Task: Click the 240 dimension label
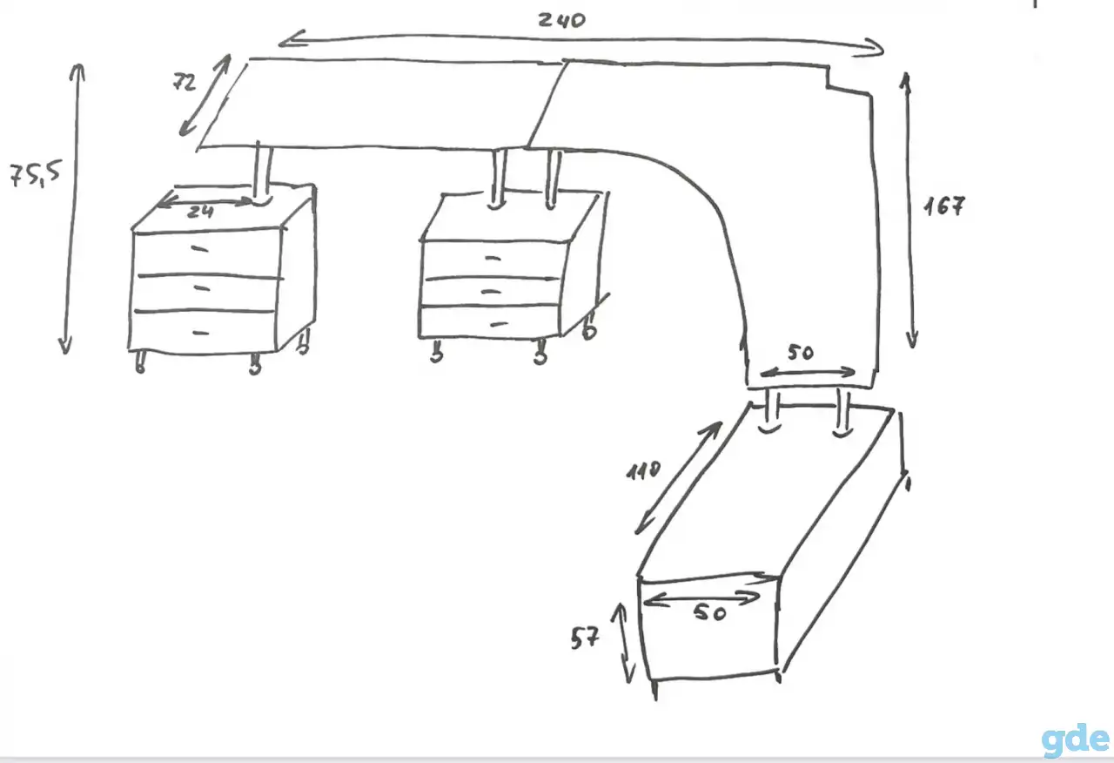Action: pos(562,20)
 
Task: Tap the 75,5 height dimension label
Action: pos(35,174)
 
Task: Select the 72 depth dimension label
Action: pos(185,82)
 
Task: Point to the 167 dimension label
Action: pos(944,206)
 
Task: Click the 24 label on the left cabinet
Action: pos(200,212)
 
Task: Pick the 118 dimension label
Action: pos(643,470)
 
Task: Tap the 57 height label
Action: pos(585,638)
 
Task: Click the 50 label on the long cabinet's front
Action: pos(710,612)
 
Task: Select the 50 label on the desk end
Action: pos(801,353)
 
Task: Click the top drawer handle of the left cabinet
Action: pos(199,248)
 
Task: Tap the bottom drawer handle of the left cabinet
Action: pos(201,333)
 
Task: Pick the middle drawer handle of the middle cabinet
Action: pos(492,292)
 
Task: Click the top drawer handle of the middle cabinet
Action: pos(493,258)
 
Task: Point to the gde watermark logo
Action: pos(1075,740)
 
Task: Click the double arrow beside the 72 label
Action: pos(205,95)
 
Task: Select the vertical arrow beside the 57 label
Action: pos(624,643)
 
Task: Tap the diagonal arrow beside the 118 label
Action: pos(678,478)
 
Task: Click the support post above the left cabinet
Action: pos(262,172)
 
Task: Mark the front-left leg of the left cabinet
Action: pos(140,361)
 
